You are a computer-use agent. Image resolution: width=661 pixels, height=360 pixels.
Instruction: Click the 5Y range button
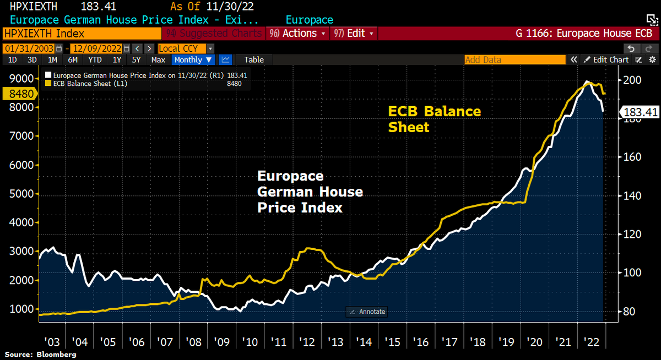coord(136,59)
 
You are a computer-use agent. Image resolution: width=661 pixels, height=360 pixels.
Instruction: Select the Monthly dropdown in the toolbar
coord(194,59)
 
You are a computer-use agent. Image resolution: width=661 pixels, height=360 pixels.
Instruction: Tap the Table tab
coord(254,59)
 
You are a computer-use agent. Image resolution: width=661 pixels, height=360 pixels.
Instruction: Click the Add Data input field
coord(514,59)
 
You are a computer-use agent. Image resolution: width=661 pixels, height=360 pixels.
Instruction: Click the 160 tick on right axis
coord(629,157)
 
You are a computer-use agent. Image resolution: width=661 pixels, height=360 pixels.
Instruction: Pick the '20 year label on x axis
coord(534,342)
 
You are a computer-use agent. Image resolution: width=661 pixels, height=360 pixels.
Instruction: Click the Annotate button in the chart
coord(368,312)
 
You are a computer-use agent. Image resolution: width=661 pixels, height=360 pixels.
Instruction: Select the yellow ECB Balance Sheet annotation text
coord(434,119)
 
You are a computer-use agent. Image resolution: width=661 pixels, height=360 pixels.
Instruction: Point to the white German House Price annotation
coord(310,192)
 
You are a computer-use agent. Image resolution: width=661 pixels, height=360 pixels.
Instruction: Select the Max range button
coord(158,59)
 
